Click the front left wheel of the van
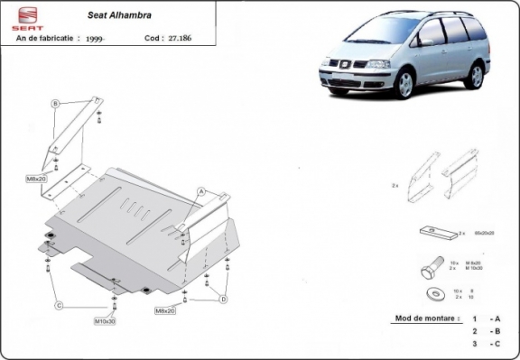(x=404, y=83)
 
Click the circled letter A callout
(x=201, y=190)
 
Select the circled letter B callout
(x=56, y=104)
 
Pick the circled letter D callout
(x=223, y=299)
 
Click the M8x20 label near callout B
(x=36, y=180)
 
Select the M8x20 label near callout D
(x=164, y=310)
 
